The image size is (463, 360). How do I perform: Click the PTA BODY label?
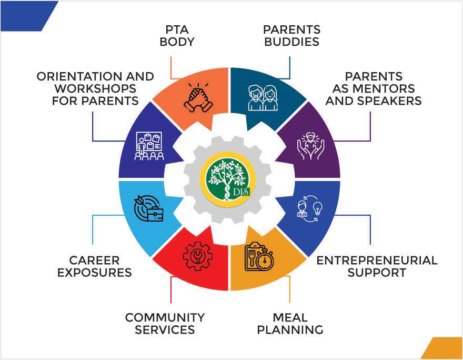pos(177,36)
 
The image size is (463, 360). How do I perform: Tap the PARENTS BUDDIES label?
pos(291,36)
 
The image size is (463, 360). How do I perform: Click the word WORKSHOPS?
pos(95,88)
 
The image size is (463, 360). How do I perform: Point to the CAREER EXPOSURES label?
pos(95,266)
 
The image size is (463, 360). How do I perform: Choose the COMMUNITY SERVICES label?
pos(165,324)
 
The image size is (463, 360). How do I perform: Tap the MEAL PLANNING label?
pos(290,324)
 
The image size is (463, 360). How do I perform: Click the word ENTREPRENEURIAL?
pos(377,261)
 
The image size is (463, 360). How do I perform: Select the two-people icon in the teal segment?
pos(263,98)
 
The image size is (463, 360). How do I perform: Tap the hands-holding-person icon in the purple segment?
pos(310,146)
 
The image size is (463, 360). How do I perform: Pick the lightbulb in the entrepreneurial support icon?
pos(318,208)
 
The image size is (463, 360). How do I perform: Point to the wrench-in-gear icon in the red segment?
pos(197,255)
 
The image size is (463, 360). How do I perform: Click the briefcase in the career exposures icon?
pos(155,214)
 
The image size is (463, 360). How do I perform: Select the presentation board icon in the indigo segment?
pos(149,146)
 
